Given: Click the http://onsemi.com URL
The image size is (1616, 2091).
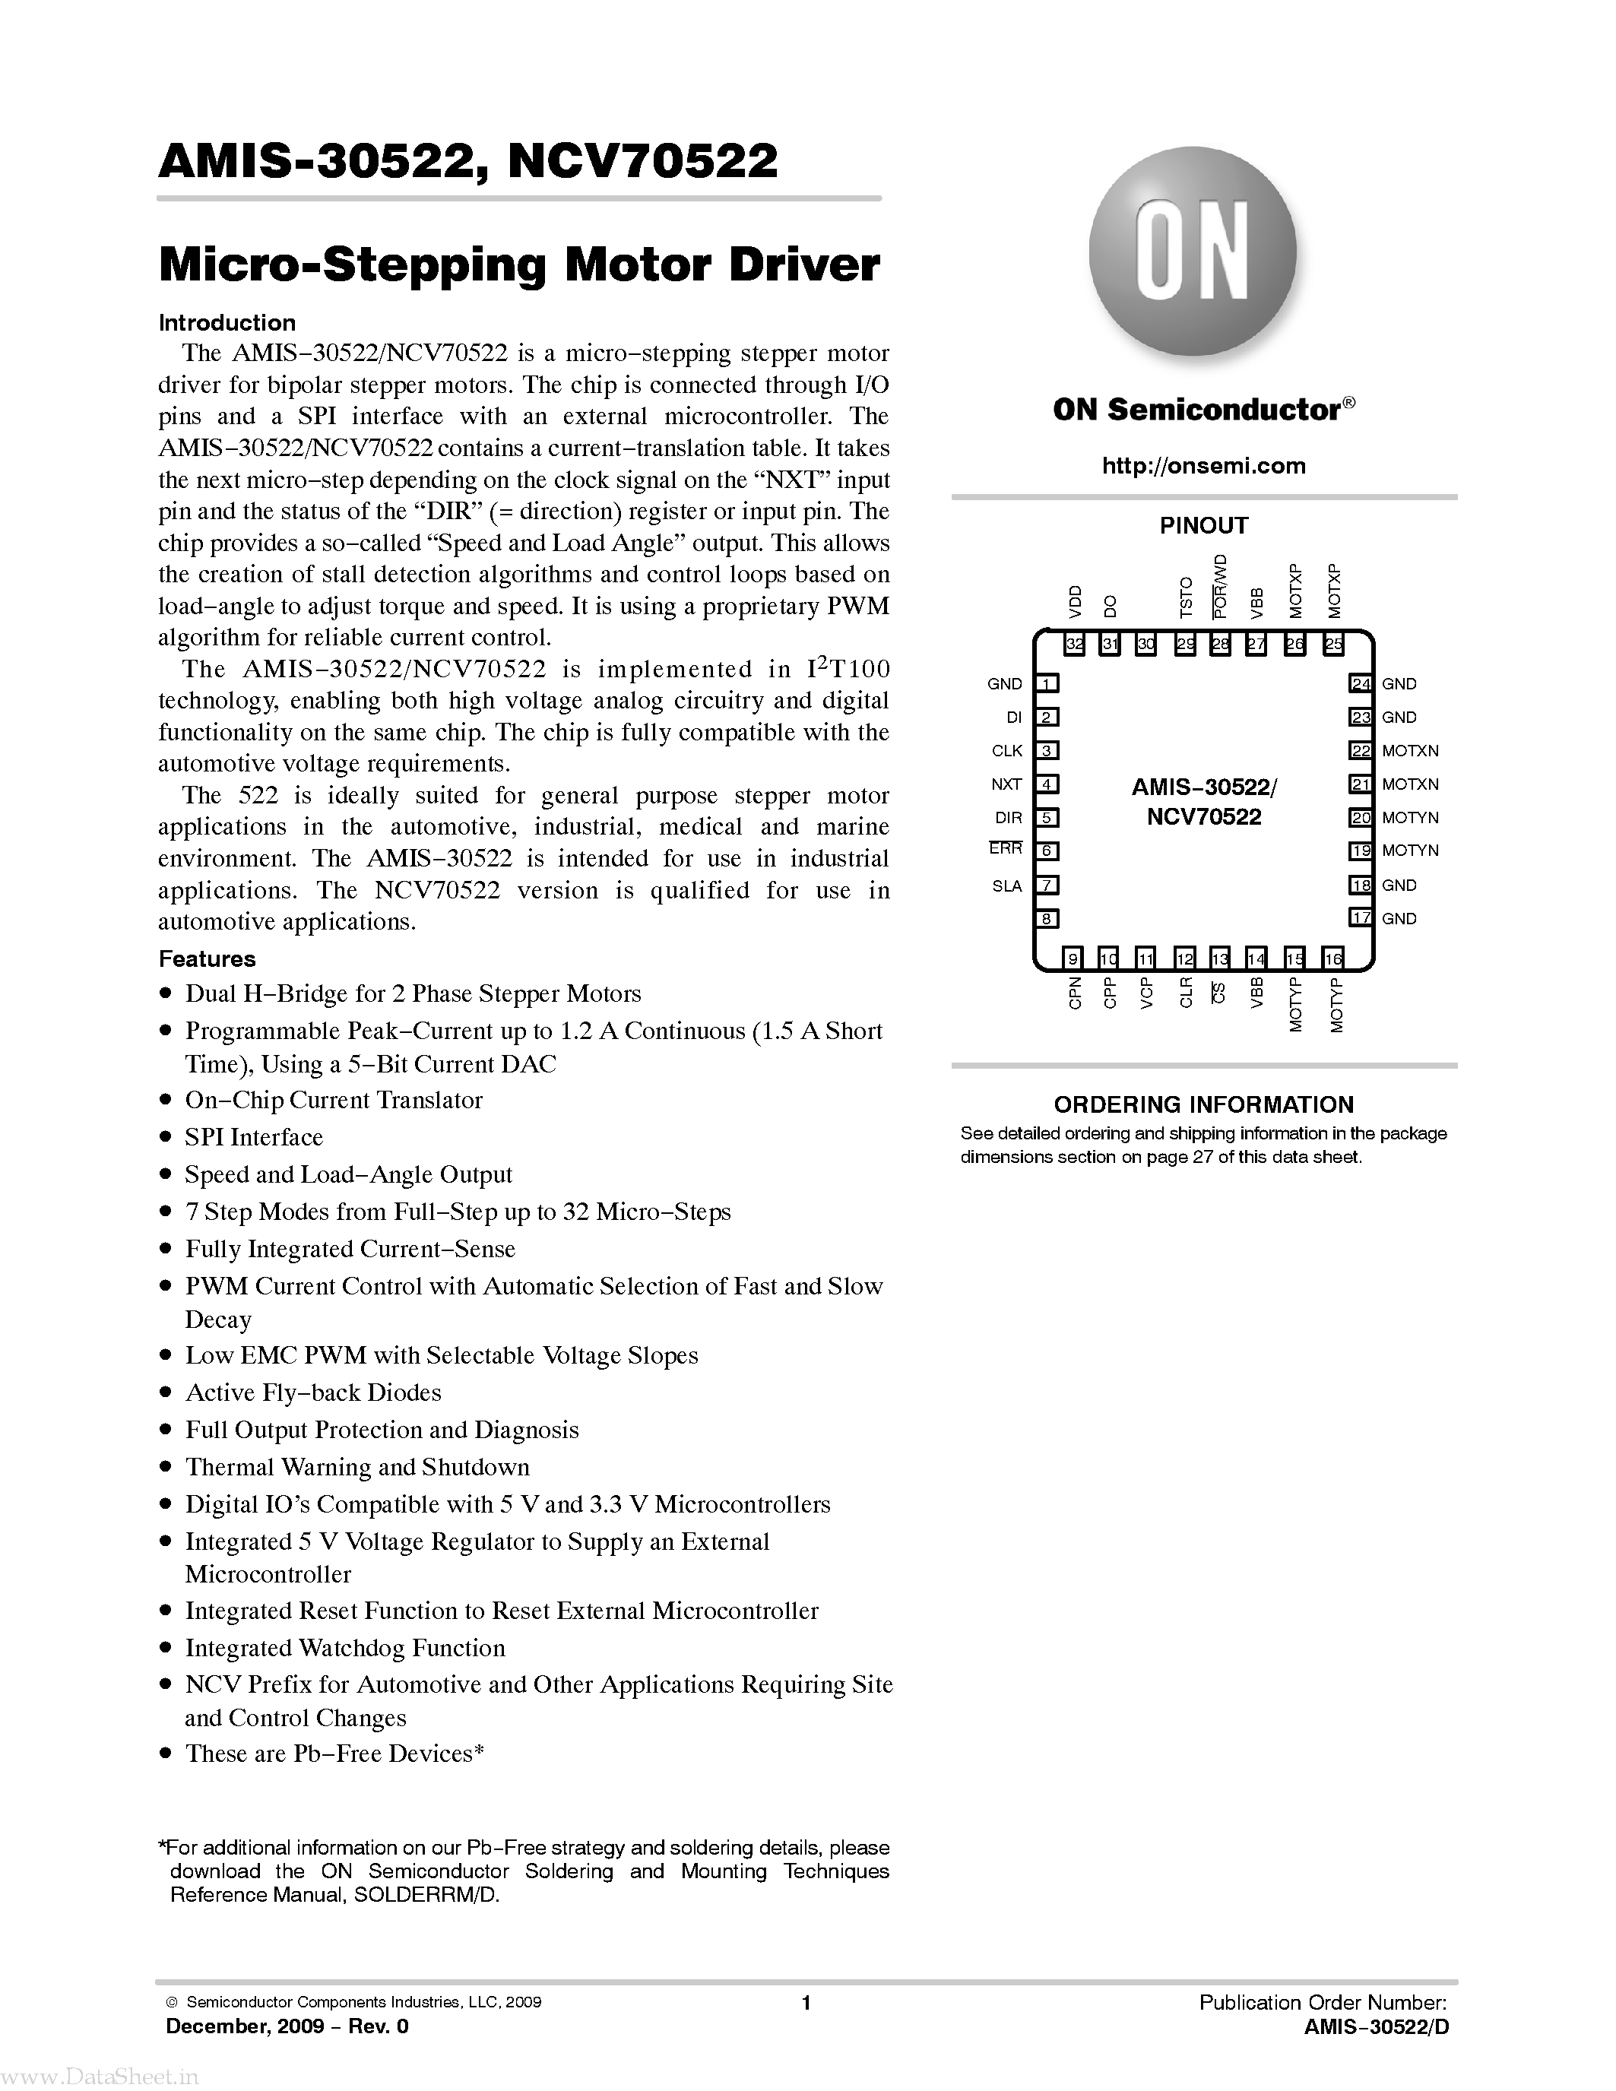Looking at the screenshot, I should point(1203,466).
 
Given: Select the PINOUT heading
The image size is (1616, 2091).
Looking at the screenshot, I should point(1203,526).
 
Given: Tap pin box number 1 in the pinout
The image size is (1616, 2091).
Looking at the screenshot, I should point(1049,683).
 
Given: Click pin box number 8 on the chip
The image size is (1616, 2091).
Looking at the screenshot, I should point(1049,919).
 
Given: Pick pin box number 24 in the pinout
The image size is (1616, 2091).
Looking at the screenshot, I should point(1361,683).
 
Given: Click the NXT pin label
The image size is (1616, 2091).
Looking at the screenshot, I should point(1006,784).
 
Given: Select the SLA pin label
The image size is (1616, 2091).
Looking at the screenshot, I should point(1006,886).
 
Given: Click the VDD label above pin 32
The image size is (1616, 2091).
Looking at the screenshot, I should point(1075,601).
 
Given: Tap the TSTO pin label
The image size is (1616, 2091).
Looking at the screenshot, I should point(1186,597).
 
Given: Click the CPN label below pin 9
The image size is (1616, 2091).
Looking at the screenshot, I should point(1075,993).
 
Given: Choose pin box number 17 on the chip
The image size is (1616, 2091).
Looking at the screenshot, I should point(1361,918).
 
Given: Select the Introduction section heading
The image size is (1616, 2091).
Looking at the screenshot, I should point(227,322).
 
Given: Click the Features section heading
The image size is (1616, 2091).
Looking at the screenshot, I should point(207,958).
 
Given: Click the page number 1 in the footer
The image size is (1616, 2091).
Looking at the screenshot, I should point(806,2002).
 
